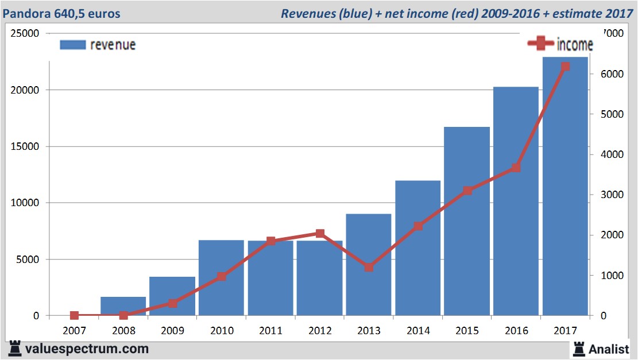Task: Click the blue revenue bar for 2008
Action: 123,306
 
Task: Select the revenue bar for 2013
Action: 369,264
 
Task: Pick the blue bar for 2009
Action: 172,296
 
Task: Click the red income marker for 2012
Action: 320,234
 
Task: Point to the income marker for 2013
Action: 369,267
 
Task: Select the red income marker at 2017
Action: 565,67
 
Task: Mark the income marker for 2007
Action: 74,315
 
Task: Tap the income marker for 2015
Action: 467,191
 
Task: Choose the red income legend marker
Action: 540,43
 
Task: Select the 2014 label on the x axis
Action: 417,331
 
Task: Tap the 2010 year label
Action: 222,331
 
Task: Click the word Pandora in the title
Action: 24,13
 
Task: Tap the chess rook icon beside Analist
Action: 578,348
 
